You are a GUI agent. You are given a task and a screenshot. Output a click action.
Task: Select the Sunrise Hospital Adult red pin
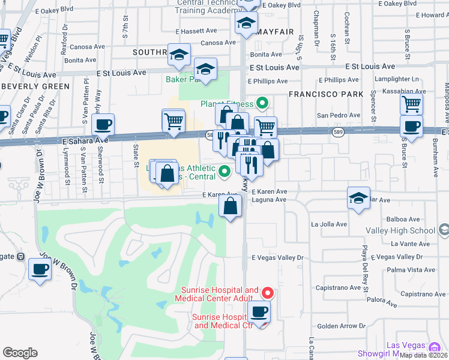coord(268,293)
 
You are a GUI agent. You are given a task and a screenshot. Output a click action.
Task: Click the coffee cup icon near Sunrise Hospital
coord(259,311)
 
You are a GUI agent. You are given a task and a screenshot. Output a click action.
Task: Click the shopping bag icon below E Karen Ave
coord(231,207)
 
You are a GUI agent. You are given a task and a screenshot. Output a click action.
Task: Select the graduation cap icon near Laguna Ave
coord(358,199)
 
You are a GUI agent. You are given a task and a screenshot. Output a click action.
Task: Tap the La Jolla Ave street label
coord(329,224)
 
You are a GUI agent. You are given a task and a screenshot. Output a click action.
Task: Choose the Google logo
coord(20,353)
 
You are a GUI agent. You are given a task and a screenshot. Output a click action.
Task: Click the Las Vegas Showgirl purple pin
coord(435,346)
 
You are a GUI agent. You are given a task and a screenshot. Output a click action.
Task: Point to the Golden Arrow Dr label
coord(340,326)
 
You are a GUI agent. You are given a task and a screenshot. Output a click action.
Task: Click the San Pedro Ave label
coord(338,115)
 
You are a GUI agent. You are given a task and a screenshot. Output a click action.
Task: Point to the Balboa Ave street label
coord(408,220)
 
